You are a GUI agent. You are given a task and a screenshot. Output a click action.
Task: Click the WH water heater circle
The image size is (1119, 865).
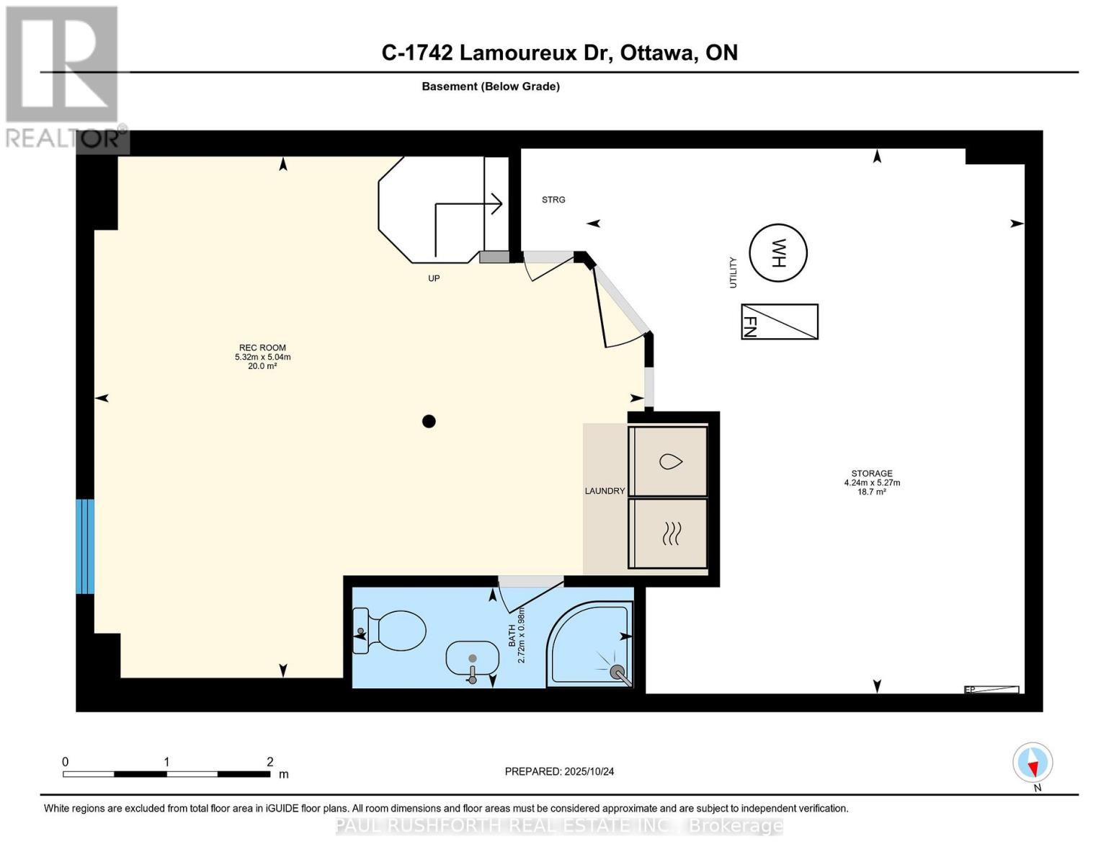[x=777, y=253]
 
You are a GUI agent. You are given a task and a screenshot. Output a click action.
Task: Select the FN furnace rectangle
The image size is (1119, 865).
[x=780, y=321]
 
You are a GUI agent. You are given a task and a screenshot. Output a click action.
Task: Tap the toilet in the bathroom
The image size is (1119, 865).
[x=389, y=632]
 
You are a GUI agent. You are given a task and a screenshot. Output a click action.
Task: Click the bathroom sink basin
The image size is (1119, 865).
[x=472, y=658]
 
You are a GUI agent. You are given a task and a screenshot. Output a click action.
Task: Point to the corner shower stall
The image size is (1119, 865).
[x=590, y=645]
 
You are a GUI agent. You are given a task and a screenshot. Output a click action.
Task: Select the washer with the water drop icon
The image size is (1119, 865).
[x=668, y=461]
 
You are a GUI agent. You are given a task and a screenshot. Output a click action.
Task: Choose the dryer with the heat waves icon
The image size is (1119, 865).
[x=668, y=533]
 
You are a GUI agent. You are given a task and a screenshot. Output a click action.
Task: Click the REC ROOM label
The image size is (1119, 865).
[x=262, y=348]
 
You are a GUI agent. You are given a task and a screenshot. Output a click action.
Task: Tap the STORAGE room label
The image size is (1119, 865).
[x=872, y=474]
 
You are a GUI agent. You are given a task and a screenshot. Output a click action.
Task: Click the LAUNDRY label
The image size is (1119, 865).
[x=605, y=491]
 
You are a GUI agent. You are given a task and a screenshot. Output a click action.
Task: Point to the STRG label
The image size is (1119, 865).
[x=553, y=200]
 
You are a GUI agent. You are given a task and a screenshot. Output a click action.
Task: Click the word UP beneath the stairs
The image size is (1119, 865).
[x=434, y=278]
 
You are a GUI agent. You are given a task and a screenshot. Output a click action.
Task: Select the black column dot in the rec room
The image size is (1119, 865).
[x=429, y=422]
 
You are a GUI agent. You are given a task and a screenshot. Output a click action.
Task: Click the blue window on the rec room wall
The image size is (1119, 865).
[x=85, y=546]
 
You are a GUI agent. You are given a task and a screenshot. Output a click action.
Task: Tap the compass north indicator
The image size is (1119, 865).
[x=1033, y=763]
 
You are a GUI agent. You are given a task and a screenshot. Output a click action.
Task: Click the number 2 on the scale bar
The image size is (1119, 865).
[x=270, y=762]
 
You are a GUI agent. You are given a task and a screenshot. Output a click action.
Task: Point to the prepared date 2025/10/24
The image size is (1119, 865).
[x=559, y=771]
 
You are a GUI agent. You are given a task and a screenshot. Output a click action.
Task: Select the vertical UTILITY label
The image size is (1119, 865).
[x=733, y=272]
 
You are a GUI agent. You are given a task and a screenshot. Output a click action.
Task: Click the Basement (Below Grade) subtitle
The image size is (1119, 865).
[x=490, y=86]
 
